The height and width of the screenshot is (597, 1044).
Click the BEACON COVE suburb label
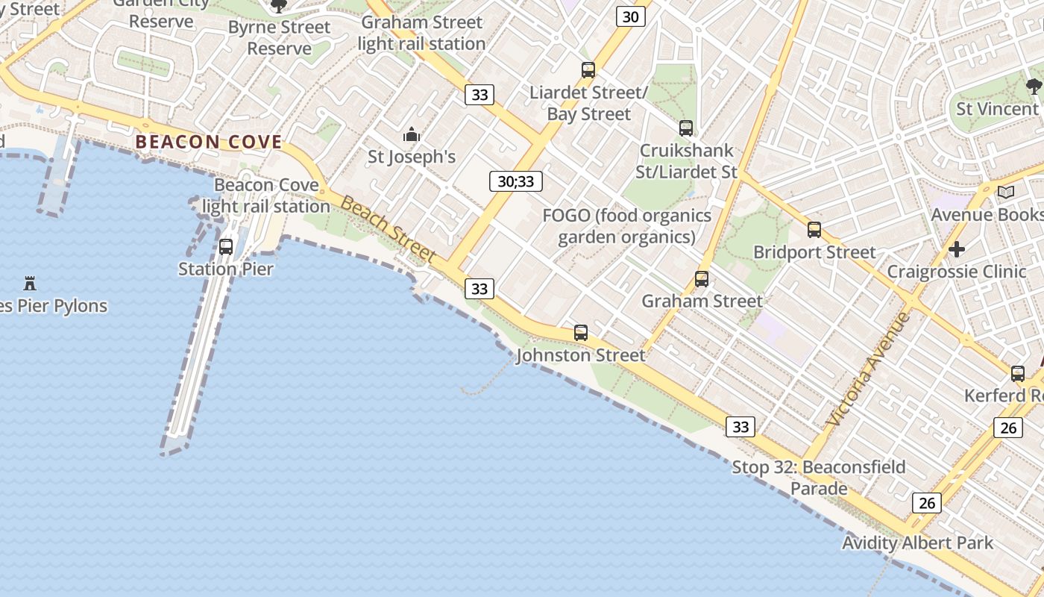[209, 142]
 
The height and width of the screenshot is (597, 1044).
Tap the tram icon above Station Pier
[226, 246]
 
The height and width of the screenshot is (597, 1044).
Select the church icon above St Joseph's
[412, 135]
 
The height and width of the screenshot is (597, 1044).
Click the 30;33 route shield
[516, 181]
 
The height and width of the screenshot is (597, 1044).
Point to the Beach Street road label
[389, 230]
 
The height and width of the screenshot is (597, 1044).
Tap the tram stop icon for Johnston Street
[581, 333]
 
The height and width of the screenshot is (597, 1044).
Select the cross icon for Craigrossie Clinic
[957, 249]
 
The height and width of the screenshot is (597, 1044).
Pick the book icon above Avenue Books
[1006, 193]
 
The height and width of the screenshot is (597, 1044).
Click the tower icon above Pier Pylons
[30, 284]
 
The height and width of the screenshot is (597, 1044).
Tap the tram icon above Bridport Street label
[814, 230]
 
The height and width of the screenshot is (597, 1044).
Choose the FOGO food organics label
[626, 226]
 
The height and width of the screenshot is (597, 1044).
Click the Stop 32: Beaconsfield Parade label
[819, 478]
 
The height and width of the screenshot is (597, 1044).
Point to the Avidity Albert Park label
[917, 543]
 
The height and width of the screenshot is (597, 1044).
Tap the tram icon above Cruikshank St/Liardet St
[686, 128]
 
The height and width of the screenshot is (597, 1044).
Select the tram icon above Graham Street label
[702, 279]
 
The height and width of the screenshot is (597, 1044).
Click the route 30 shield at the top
[631, 16]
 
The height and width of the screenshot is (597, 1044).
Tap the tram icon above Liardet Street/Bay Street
[588, 70]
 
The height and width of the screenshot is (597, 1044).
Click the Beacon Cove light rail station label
[266, 196]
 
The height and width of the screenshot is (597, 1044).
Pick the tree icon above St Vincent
[1034, 87]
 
